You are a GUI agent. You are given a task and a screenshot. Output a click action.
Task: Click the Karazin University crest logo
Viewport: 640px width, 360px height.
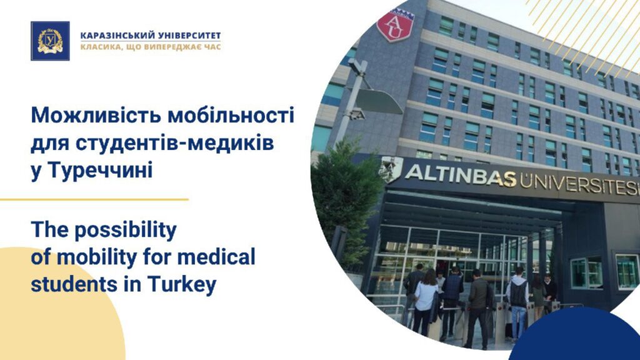pyautogui.click(x=50, y=41)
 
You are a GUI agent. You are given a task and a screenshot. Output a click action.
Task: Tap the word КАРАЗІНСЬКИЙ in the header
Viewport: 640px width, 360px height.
pyautogui.click(x=117, y=36)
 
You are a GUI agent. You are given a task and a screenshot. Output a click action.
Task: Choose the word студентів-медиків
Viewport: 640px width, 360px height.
pyautogui.click(x=175, y=143)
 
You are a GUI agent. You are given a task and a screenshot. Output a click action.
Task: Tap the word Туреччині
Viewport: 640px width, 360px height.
pyautogui.click(x=101, y=171)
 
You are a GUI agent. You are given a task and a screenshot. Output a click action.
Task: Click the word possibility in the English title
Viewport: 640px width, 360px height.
pyautogui.click(x=125, y=230)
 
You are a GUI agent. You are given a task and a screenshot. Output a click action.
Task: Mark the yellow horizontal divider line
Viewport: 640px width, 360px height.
pyautogui.click(x=94, y=199)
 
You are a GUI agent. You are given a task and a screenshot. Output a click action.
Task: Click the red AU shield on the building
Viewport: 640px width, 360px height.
pyautogui.click(x=395, y=26)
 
